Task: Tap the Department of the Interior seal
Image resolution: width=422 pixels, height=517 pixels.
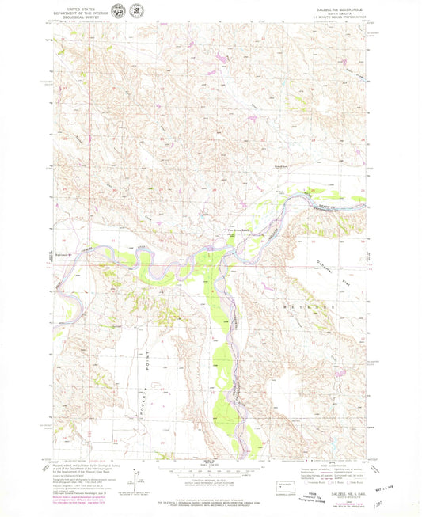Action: coord(118,12)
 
